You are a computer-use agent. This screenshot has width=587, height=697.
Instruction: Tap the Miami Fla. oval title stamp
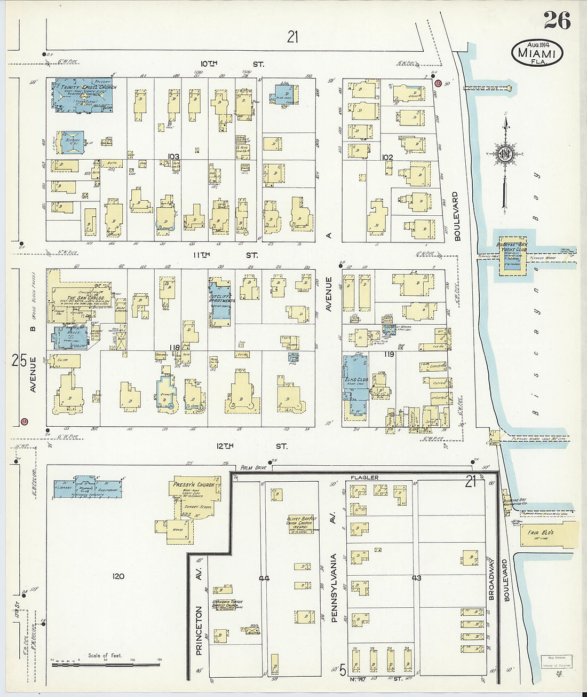coord(537,53)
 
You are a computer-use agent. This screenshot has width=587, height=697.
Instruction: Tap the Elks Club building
coord(355,377)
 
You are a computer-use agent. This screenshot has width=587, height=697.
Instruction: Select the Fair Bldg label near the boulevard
coord(540,532)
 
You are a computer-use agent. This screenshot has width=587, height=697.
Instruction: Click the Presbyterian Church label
coord(194,485)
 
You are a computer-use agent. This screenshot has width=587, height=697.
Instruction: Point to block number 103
coord(173,156)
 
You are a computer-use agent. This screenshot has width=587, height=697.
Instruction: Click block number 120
coord(118,576)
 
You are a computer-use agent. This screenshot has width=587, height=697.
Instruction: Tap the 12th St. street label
coord(251,446)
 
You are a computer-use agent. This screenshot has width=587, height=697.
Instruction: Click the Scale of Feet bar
coord(106,664)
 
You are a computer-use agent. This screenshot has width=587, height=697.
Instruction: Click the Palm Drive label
coord(253,467)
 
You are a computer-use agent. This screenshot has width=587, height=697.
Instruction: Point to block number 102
coord(387,157)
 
